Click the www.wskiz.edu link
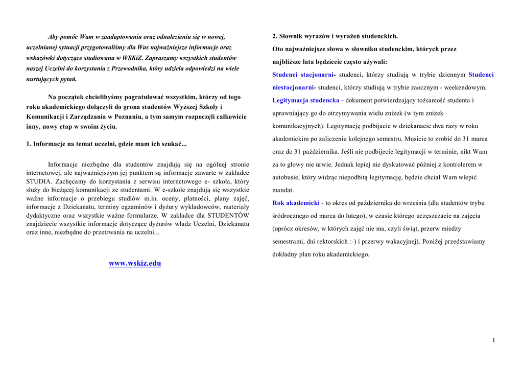[x=135, y=264]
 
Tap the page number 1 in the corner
[x=494, y=341]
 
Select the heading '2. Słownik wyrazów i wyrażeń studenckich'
[x=335, y=36]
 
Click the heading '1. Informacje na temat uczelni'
[x=106, y=144]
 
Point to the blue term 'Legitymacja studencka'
[x=306, y=100]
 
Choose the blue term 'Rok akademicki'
[x=296, y=203]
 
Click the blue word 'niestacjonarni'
[x=293, y=87]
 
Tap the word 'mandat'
[x=283, y=190]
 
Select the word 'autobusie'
[x=286, y=177]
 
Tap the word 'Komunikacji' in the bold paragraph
[x=45, y=117]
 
